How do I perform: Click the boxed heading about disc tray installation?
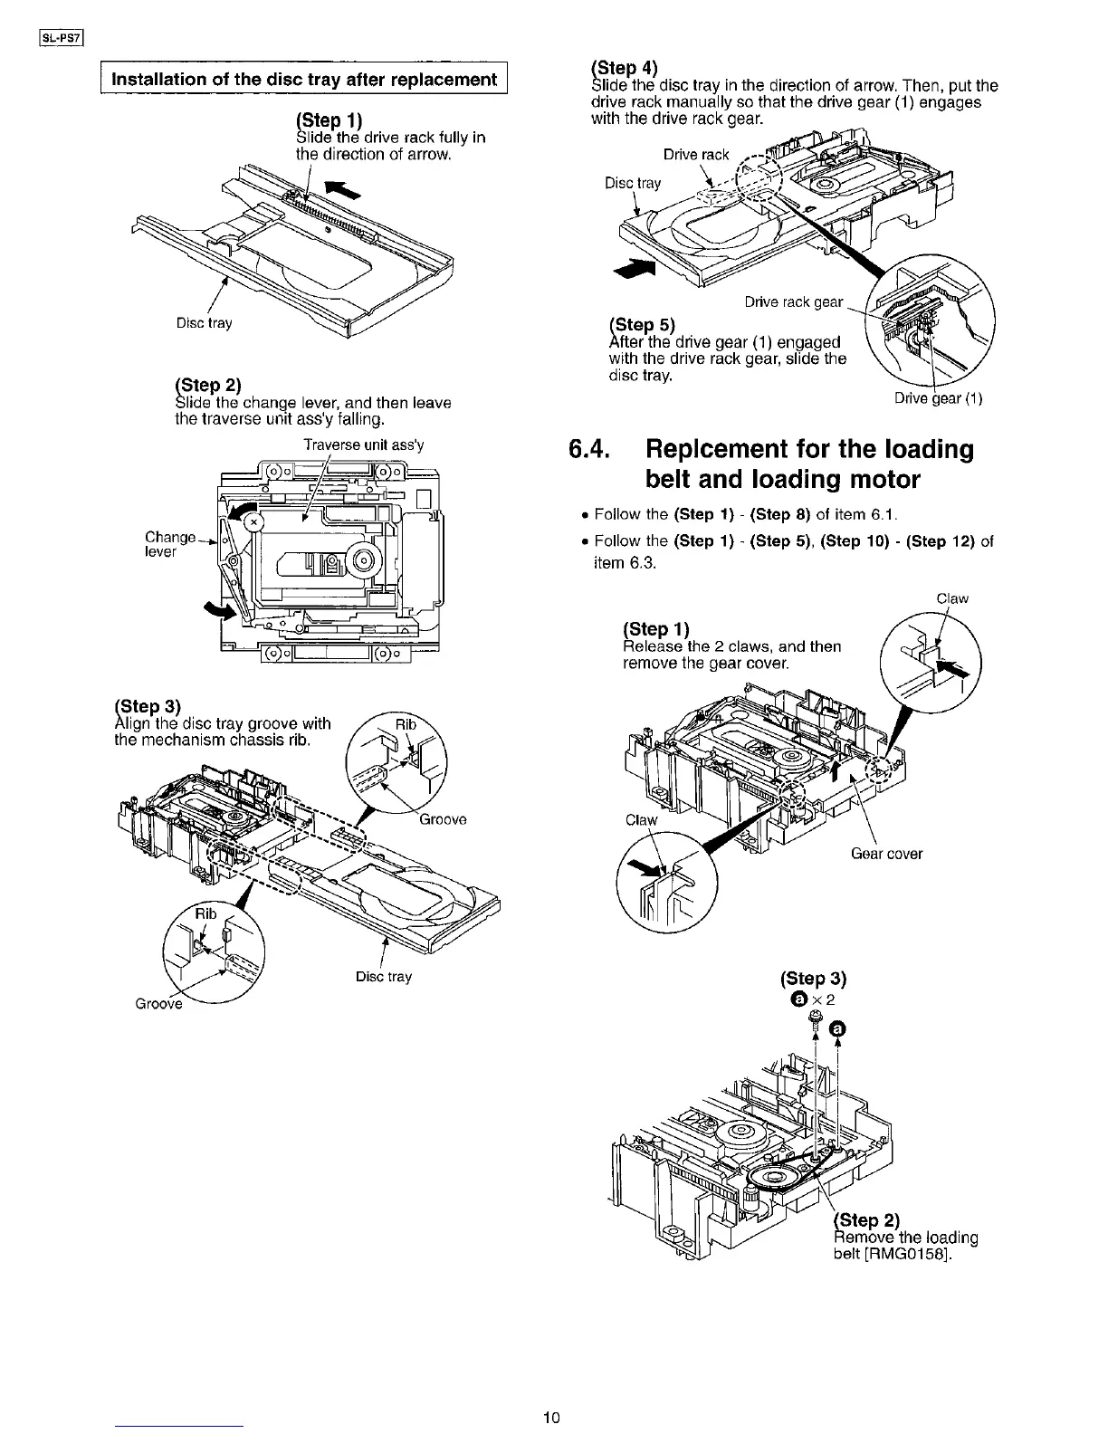[303, 79]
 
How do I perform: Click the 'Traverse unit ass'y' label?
[363, 445]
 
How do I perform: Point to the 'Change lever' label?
[169, 544]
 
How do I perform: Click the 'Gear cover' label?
[886, 854]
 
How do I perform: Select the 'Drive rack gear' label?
[793, 301]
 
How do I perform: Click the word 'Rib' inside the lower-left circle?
[206, 913]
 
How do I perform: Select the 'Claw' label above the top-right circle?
[952, 598]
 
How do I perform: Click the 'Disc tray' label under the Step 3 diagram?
[384, 977]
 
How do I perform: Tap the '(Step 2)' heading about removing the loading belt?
[864, 1219]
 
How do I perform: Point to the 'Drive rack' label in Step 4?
[695, 155]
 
